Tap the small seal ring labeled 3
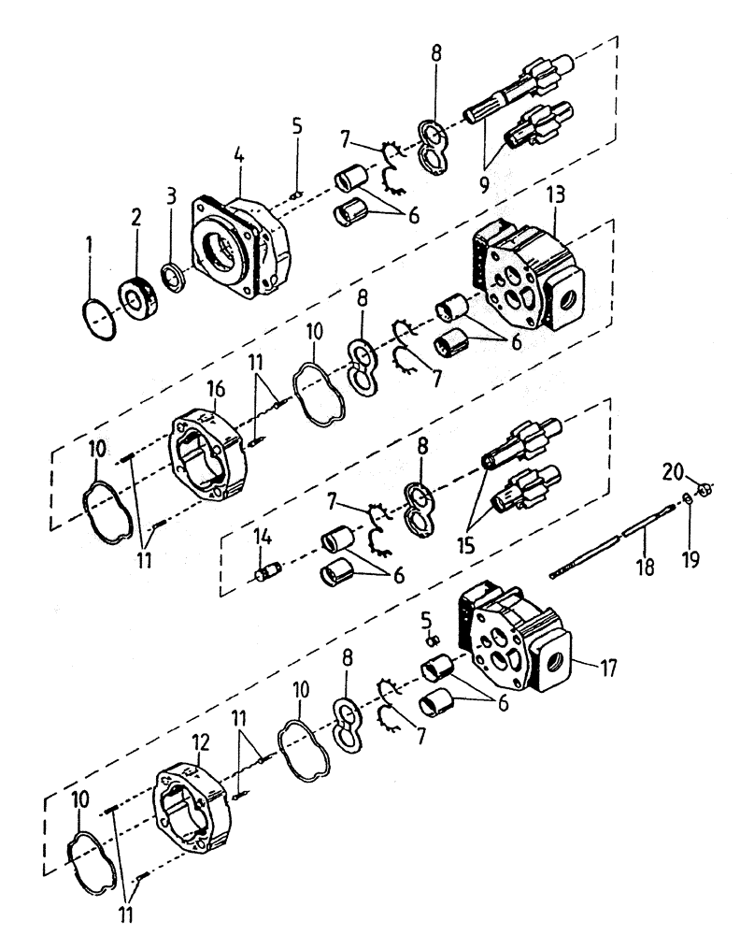coord(173,278)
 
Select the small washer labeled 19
coord(687,497)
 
